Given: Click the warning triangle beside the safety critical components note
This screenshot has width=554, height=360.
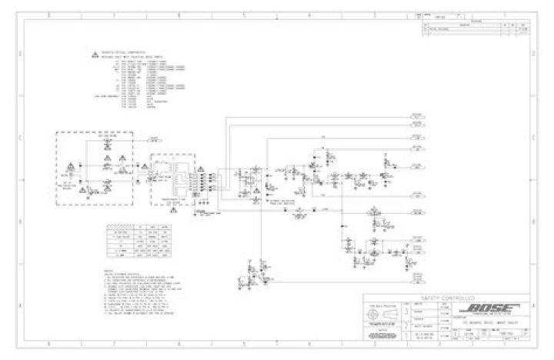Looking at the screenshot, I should tap(95, 57).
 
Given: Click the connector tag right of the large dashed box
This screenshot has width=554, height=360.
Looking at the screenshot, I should tap(155, 141).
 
